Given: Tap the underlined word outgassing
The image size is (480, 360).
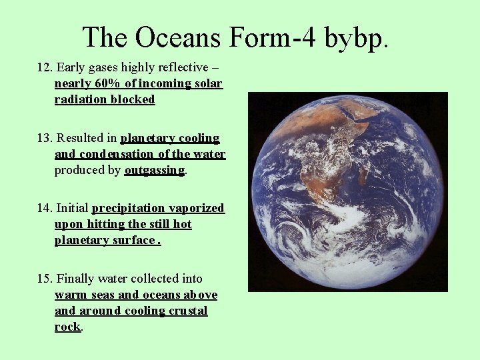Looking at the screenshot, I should (x=155, y=171).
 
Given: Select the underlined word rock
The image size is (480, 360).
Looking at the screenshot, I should (x=67, y=327).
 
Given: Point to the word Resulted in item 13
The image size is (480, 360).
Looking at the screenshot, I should (x=79, y=139).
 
